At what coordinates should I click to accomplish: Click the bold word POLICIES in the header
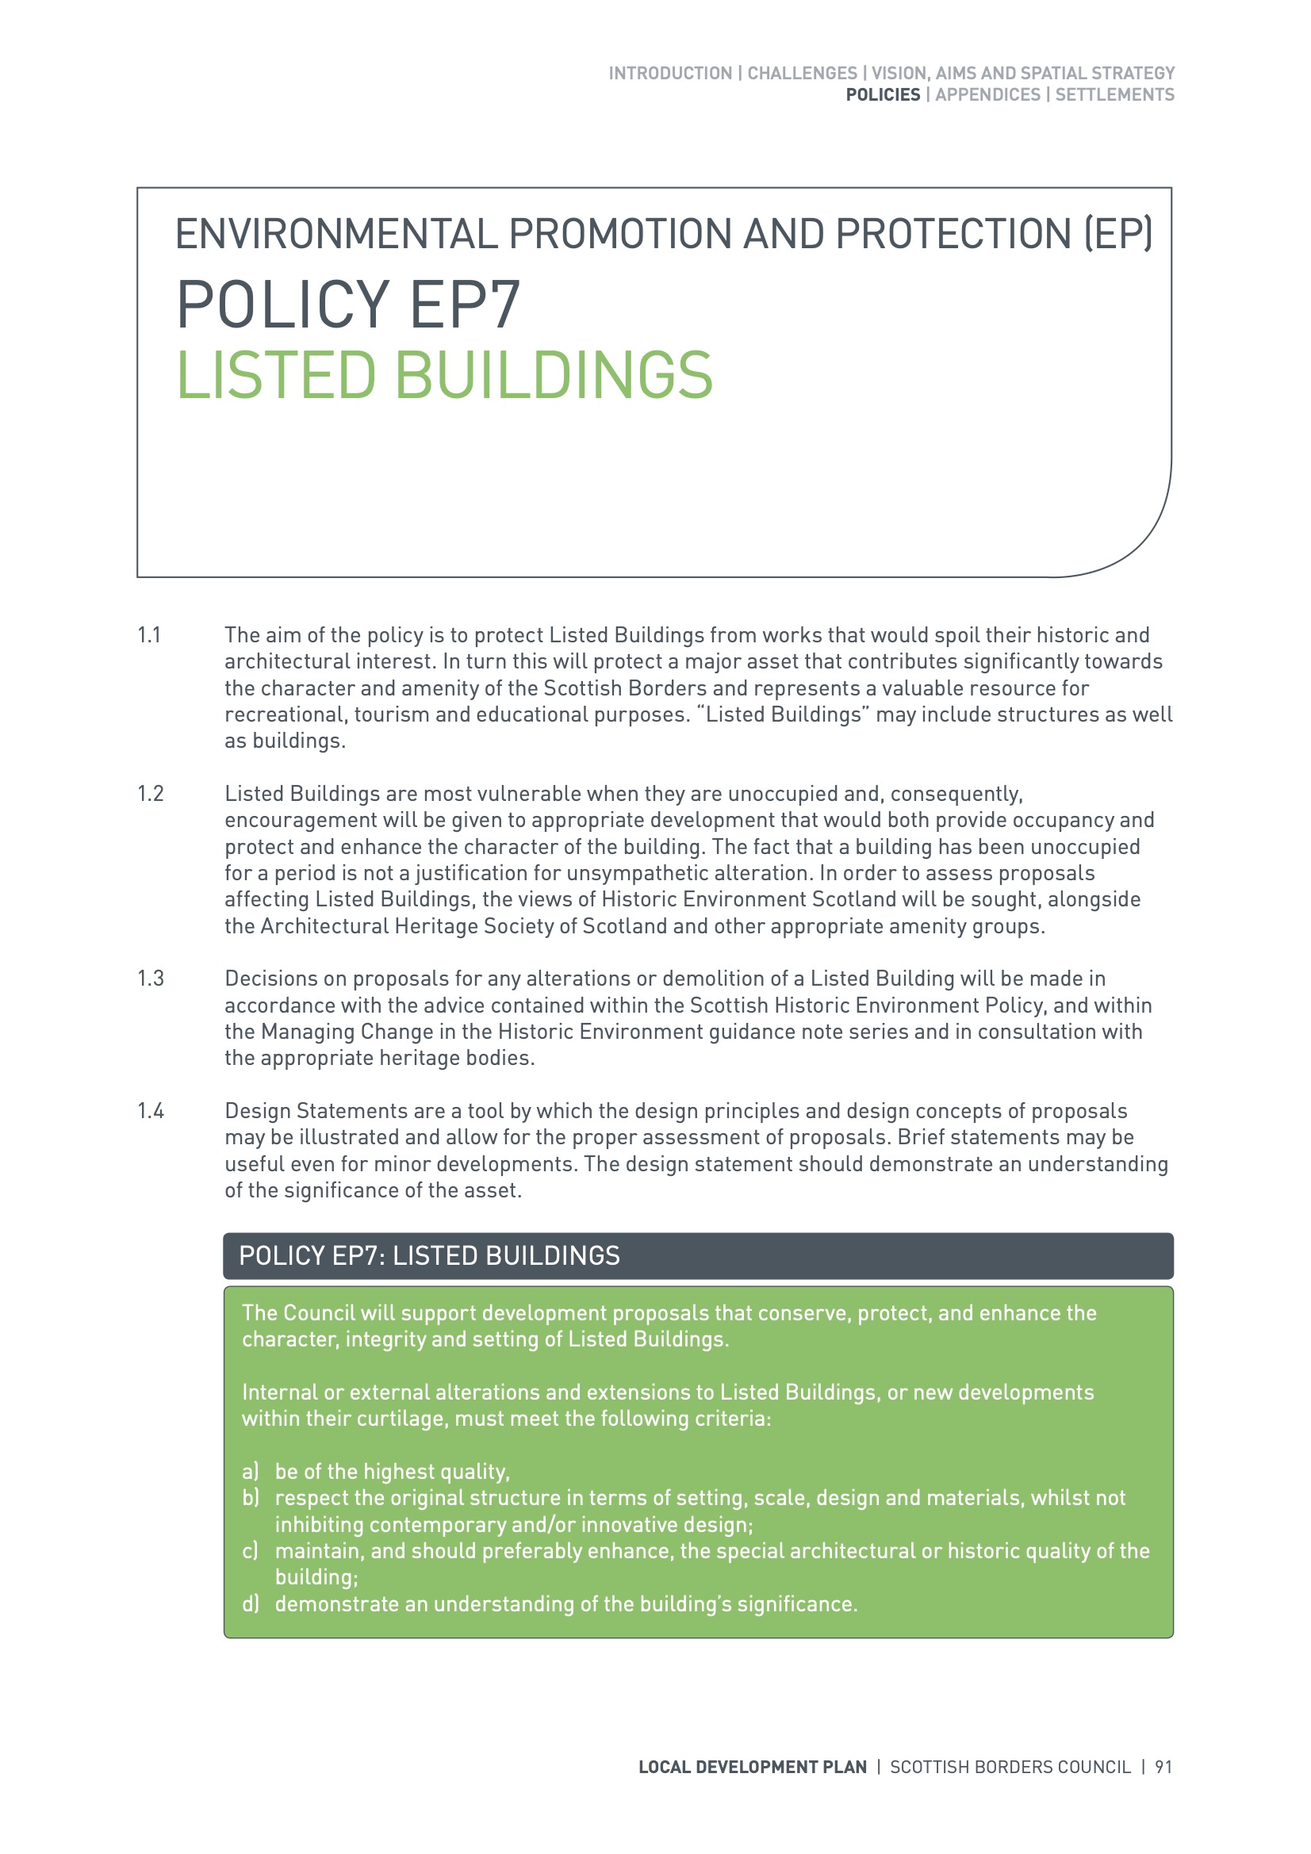coord(882,94)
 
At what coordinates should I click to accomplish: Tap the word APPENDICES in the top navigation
coord(987,94)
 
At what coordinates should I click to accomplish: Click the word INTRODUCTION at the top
coord(669,73)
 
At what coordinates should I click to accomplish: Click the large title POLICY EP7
coord(348,304)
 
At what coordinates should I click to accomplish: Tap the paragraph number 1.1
coord(149,635)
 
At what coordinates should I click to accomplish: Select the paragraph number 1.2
coord(150,794)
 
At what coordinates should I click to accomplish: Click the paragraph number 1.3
coord(150,979)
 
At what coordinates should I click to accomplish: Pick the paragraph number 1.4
coord(150,1111)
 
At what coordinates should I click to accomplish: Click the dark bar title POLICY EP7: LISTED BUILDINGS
coord(429,1255)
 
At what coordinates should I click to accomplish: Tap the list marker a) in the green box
coord(251,1471)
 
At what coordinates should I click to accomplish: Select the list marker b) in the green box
coord(251,1498)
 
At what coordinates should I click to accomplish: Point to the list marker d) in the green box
coord(251,1603)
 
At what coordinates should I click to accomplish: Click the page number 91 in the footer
coord(1163,1767)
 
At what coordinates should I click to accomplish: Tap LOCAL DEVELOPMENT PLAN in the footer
coord(752,1767)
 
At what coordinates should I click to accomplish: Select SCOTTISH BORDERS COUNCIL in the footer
coord(1010,1767)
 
